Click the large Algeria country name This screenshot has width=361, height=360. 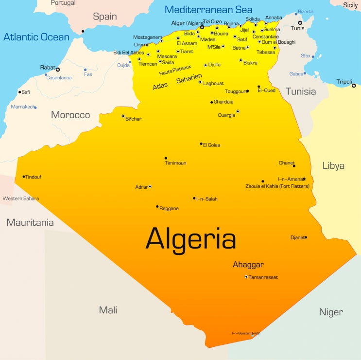(x=190, y=239)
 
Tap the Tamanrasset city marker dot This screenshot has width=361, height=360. (x=246, y=277)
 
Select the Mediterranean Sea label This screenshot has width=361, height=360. (x=208, y=9)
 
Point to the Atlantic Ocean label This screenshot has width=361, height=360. (x=36, y=36)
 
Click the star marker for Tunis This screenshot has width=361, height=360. (x=300, y=23)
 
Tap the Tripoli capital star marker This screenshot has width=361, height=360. (x=354, y=86)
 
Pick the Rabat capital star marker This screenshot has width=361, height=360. (x=58, y=70)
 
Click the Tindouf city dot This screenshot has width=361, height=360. (x=23, y=177)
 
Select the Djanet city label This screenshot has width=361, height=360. (x=297, y=237)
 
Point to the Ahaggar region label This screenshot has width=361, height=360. (x=248, y=265)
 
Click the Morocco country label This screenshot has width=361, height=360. (x=70, y=115)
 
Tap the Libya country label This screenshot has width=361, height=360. (x=333, y=166)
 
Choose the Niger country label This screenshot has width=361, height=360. (x=331, y=312)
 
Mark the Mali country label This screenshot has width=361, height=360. (x=108, y=310)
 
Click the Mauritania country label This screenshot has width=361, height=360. (x=30, y=222)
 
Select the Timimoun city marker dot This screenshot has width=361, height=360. (x=166, y=158)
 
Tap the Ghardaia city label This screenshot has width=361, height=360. (x=223, y=102)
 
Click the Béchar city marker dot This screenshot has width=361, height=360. (x=123, y=116)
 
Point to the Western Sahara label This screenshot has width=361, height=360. (x=20, y=198)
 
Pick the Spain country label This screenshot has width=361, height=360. (x=105, y=17)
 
